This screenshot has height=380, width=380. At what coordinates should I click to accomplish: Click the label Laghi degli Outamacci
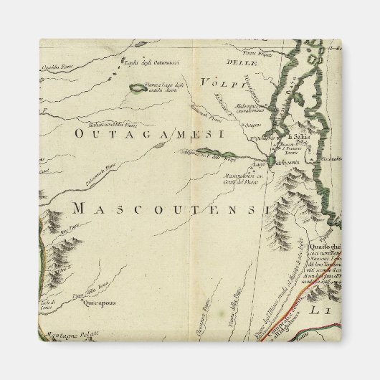pyautogui.click(x=151, y=64)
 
